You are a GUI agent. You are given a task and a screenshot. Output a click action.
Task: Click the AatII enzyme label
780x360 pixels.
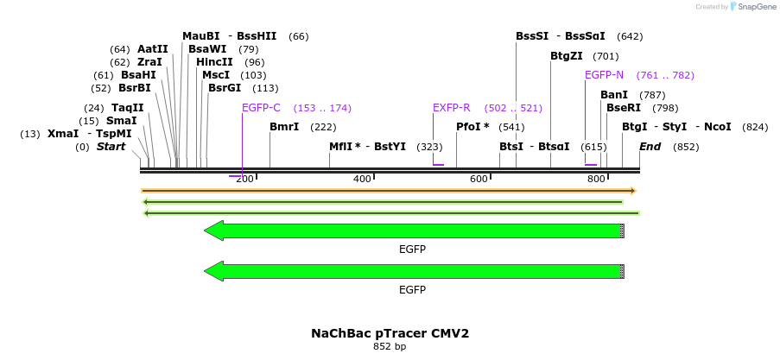tap(153, 49)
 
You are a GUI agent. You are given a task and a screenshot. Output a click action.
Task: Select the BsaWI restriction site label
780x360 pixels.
tap(207, 49)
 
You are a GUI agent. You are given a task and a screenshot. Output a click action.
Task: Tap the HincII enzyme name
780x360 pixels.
tap(214, 62)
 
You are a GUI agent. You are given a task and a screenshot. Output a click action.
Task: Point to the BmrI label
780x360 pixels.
tap(284, 127)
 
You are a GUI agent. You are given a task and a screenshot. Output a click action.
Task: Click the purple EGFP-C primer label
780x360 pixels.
tap(261, 108)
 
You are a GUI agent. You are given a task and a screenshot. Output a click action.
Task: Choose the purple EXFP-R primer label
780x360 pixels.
tap(451, 108)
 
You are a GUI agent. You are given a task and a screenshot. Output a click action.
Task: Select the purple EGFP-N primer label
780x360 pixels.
tap(604, 75)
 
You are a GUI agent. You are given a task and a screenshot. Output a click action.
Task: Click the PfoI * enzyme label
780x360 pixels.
tap(472, 127)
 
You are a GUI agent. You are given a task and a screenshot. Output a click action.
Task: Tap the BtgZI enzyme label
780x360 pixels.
tap(567, 56)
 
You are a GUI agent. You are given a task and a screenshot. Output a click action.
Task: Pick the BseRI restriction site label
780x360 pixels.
tap(624, 108)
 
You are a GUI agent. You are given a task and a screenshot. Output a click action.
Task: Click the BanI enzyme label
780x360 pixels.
tap(614, 95)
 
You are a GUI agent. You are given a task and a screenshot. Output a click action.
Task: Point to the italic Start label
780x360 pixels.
tap(111, 147)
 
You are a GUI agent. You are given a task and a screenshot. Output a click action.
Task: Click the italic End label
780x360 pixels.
tap(650, 147)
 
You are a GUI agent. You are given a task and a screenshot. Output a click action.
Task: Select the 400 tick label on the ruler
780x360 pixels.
tap(362, 179)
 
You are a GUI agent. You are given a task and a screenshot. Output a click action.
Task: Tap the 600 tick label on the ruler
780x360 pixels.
tap(479, 179)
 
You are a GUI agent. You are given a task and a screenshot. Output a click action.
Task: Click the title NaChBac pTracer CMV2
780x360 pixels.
tap(390, 332)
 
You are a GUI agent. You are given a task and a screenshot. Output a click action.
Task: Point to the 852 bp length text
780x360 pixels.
tap(390, 346)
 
